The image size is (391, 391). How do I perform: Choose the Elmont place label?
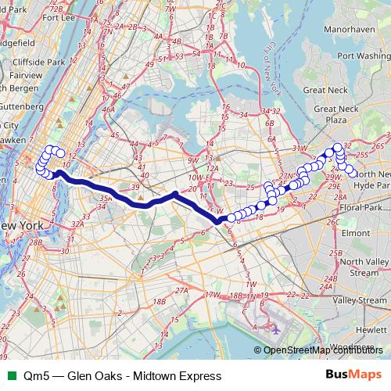coord(356,232)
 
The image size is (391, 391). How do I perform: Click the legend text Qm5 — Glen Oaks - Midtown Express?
coord(123,375)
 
